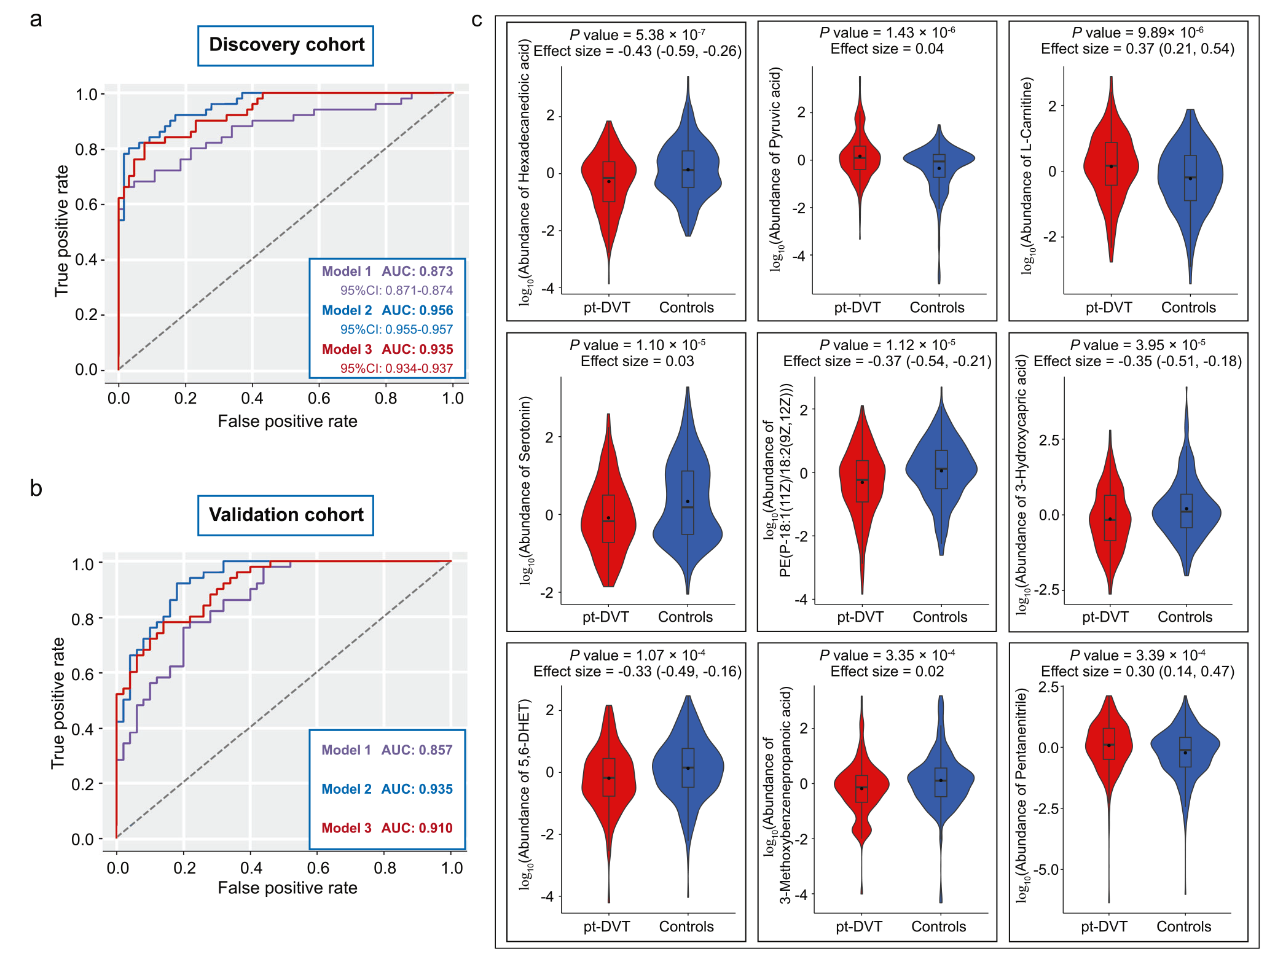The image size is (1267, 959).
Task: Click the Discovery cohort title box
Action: click(286, 45)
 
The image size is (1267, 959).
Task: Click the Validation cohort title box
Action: click(286, 515)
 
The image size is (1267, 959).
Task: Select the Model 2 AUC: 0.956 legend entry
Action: click(387, 310)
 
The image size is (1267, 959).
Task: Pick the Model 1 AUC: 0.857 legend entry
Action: click(386, 750)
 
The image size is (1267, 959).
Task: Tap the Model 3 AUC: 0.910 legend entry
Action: click(386, 828)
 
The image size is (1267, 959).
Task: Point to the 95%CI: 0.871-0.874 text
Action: click(396, 291)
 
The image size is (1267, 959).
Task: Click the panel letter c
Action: click(477, 20)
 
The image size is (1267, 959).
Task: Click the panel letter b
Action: click(36, 489)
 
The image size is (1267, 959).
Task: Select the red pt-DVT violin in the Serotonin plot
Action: click(608, 516)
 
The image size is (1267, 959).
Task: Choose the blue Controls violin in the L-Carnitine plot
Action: click(1190, 178)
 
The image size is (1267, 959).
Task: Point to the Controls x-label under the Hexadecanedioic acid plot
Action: click(686, 308)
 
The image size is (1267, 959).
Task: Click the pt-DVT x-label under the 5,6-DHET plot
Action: click(606, 926)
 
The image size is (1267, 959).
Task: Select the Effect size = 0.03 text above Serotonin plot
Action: click(637, 361)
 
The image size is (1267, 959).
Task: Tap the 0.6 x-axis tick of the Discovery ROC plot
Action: click(319, 399)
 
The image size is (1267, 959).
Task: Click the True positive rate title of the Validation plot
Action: click(58, 703)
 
